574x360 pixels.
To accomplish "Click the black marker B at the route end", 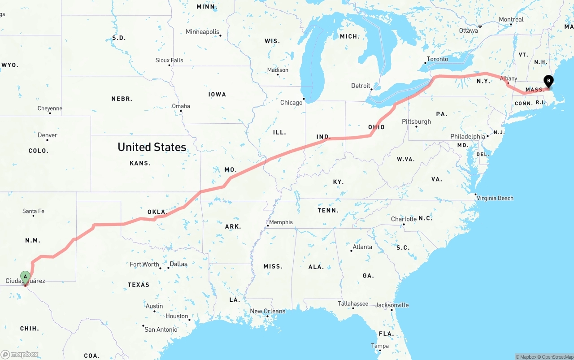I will (548, 81).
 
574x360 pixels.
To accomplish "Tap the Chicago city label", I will (291, 103).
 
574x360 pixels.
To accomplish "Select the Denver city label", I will (48, 135).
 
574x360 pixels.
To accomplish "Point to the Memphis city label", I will (281, 222).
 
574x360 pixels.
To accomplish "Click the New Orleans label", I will (267, 311).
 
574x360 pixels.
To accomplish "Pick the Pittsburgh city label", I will (416, 121).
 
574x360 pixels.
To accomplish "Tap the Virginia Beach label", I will (495, 198).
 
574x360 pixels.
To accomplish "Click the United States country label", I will (152, 147).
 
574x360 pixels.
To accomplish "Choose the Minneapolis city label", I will (203, 32).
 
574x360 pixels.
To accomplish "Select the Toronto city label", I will (437, 59).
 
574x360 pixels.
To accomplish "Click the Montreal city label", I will (511, 20).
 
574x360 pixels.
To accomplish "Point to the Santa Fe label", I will (33, 211).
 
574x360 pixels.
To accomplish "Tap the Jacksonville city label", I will (392, 305).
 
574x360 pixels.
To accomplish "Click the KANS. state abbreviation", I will (140, 163).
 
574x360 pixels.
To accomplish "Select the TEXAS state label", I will (139, 285).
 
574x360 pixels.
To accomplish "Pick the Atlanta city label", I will (362, 247).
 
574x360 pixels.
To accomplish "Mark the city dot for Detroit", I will (371, 89).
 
